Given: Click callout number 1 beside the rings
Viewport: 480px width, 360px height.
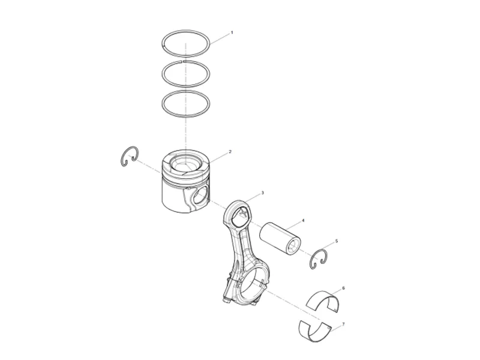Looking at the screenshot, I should (232, 32).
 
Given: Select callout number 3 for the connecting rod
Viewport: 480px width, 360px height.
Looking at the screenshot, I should (262, 194).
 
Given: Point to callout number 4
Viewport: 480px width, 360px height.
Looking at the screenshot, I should (302, 221).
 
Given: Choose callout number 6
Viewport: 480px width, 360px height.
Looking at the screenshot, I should (343, 288).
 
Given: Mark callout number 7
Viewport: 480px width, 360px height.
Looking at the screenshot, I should (343, 324).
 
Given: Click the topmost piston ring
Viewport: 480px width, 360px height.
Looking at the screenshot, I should (186, 34).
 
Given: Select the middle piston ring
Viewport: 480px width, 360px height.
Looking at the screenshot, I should (164, 72).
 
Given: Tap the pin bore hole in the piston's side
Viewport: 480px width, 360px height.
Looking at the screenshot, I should (202, 196).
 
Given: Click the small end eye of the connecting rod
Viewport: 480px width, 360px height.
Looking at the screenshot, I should (240, 214).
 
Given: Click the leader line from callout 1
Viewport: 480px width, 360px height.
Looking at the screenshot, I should (219, 38).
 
